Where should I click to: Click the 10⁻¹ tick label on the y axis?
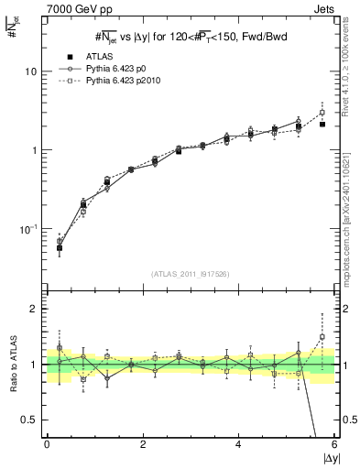coord(30,228)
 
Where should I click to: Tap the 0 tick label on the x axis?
coord(47,445)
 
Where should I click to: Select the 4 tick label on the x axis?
coord(239,445)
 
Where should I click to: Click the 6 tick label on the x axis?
coord(334,445)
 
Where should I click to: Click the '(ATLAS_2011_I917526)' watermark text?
coord(190,273)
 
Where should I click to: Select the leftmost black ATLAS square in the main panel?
coord(60,247)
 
